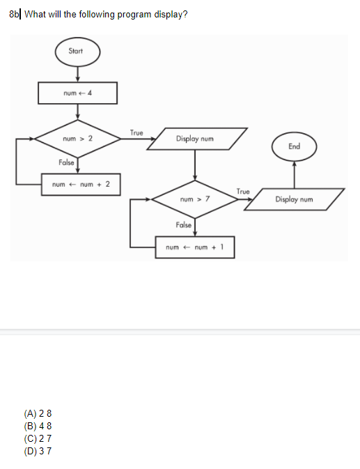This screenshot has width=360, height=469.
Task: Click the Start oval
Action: coord(77,52)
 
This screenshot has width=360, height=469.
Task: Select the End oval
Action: coord(294,146)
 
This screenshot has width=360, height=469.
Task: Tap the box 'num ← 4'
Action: coord(77,93)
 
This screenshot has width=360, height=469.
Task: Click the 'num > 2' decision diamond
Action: coord(77,139)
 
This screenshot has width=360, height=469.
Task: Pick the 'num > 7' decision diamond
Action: coord(194,199)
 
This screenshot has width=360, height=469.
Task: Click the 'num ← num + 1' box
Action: coord(194,247)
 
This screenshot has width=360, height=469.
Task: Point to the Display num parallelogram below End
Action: coord(294,199)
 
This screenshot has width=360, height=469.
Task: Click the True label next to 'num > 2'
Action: coord(136,132)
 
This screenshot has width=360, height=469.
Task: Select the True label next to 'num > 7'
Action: coord(243,191)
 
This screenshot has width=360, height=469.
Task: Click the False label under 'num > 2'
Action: coord(67,163)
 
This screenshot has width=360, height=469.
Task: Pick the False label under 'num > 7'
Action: coord(184,226)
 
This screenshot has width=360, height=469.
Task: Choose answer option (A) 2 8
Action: coord(38,414)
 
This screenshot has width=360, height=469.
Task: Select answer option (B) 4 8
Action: coord(38,426)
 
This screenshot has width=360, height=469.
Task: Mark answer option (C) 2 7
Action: coord(38,438)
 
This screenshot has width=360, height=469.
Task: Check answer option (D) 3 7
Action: coord(38,450)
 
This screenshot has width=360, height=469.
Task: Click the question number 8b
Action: coord(15,15)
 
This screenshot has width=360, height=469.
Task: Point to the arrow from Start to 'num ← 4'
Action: coord(77,73)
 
